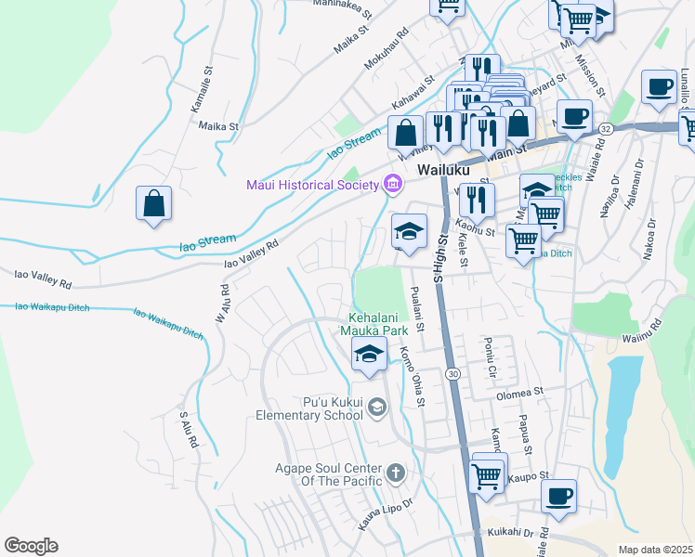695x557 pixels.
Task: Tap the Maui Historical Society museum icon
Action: pos(392,185)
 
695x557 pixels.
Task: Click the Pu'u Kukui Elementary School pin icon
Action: pos(376,407)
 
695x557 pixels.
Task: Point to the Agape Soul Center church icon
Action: pos(395,473)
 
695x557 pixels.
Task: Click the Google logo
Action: pos(31,546)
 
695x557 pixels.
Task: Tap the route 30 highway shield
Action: pos(452,372)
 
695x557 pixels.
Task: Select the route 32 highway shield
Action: pos(605,127)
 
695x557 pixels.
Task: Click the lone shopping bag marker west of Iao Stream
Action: pos(153,204)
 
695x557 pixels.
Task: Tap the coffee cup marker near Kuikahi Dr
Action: pos(558,496)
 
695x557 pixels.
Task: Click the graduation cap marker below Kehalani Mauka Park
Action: pos(369,355)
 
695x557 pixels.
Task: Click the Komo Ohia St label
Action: pos(412,376)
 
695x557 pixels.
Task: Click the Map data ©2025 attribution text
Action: pos(655,550)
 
